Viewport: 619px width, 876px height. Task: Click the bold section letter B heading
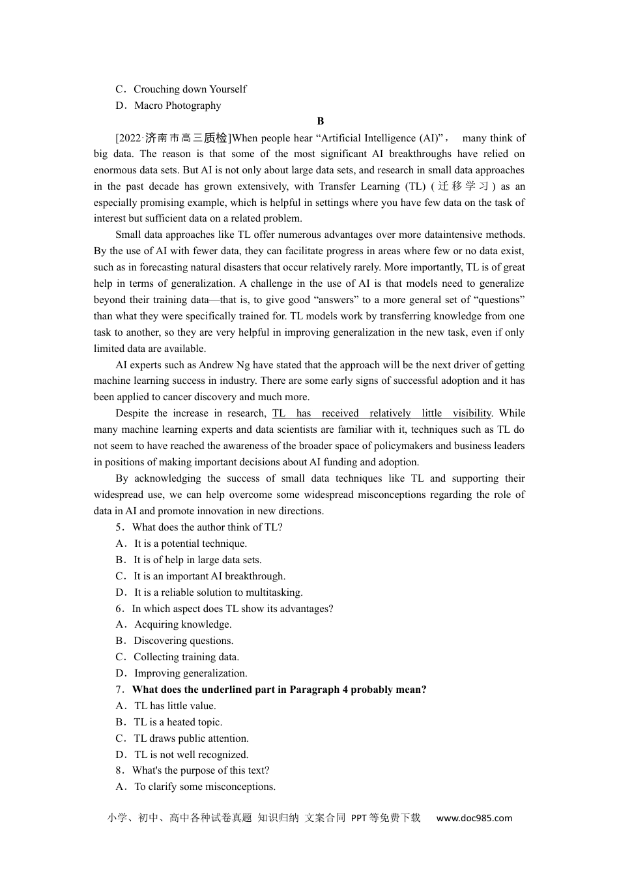(320, 121)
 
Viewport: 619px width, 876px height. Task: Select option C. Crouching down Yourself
(181, 89)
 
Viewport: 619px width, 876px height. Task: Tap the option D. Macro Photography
(169, 106)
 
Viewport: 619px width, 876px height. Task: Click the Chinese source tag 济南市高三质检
(186, 138)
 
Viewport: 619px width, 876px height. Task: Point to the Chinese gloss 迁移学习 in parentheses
(463, 186)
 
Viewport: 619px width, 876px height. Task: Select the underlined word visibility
(472, 413)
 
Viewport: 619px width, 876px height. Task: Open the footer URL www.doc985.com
(474, 818)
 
